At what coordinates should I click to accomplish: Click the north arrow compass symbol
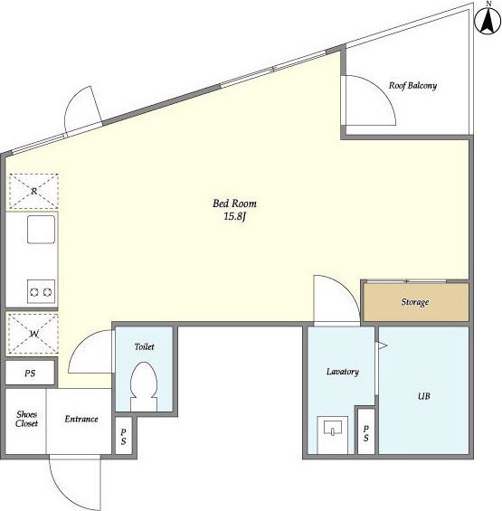tap(488, 22)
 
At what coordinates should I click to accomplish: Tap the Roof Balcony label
tap(412, 86)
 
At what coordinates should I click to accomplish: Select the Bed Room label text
tap(234, 203)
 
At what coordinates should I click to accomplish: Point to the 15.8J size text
tap(234, 216)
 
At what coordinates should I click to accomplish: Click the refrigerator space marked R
tap(33, 191)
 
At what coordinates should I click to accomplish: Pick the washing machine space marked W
tap(33, 334)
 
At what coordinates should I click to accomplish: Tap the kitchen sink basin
tap(41, 229)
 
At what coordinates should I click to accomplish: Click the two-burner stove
tap(41, 291)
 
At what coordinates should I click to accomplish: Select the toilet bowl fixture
tap(144, 386)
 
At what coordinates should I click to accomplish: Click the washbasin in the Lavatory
tap(333, 428)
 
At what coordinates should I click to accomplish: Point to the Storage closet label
tap(414, 302)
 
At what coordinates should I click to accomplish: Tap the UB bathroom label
tap(424, 396)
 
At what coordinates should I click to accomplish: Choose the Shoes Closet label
tap(27, 419)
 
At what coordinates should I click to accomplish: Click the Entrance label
tap(81, 419)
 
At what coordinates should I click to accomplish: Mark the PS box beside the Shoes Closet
tap(30, 373)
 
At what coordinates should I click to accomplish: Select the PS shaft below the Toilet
tap(124, 436)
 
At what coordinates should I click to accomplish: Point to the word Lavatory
tap(343, 372)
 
